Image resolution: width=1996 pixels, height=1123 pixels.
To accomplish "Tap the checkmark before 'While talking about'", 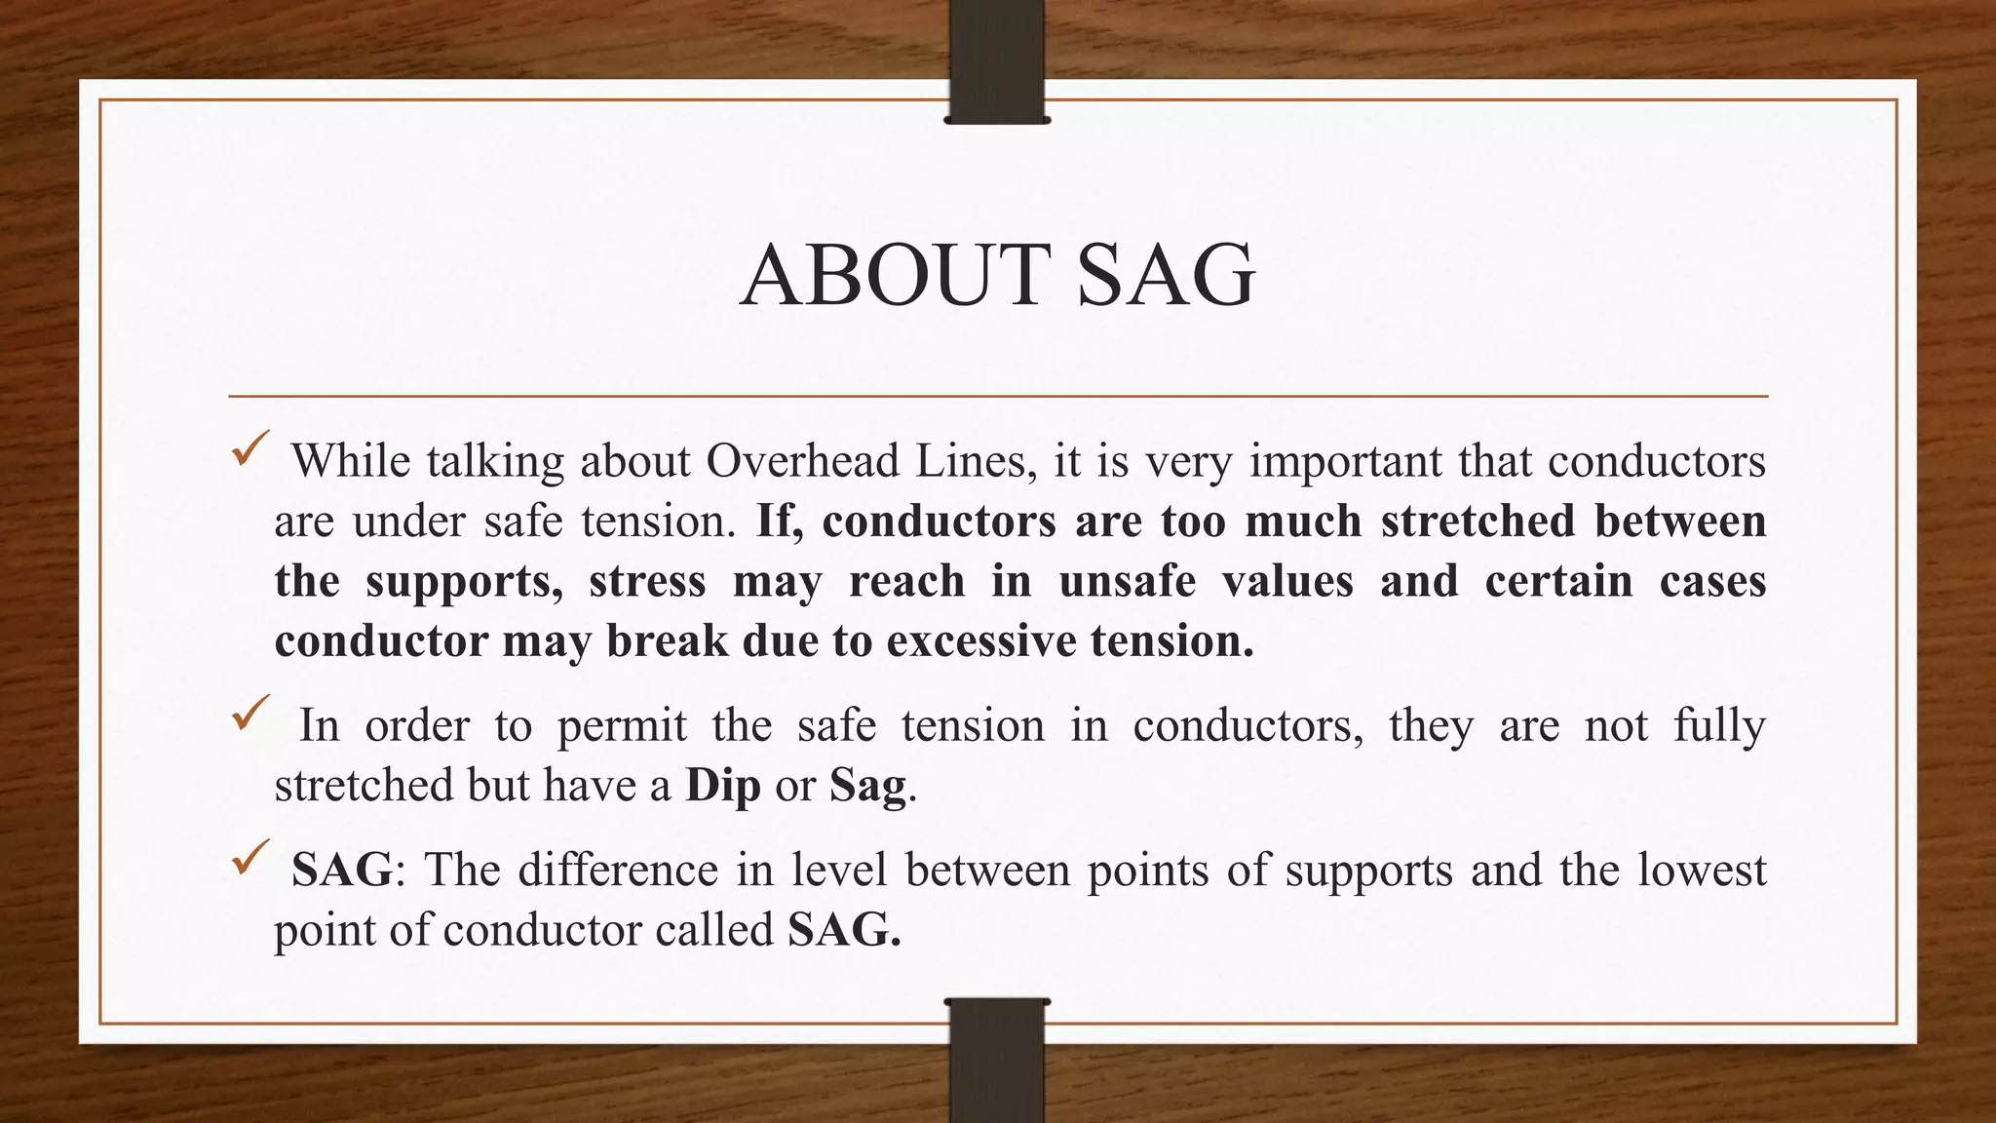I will tap(249, 451).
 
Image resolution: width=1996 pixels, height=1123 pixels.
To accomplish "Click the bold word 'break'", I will tap(668, 641).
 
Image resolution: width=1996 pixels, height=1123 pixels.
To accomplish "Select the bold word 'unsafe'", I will tap(1127, 581).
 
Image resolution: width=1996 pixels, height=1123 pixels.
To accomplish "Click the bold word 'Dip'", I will tap(722, 786).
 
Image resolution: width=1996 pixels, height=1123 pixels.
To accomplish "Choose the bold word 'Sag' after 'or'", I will tap(867, 786).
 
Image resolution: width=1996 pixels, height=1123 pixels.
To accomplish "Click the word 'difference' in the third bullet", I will tap(618, 870).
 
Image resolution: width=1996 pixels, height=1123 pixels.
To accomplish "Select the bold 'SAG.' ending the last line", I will tap(844, 930).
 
